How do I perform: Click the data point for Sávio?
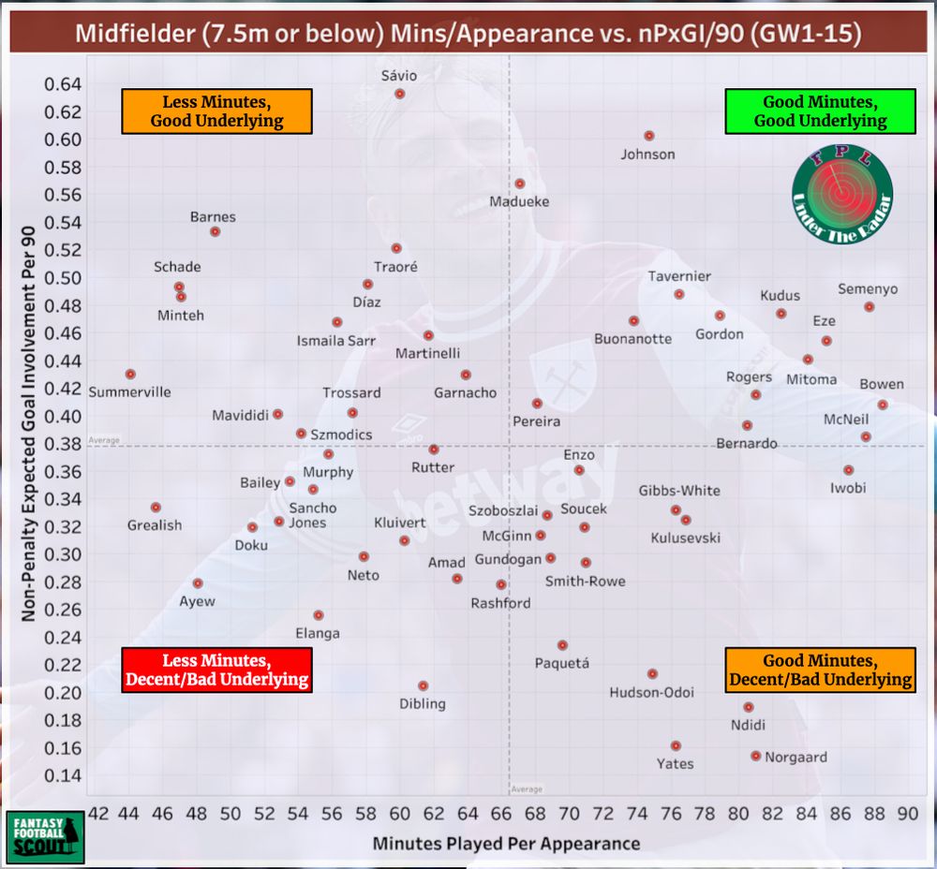pyautogui.click(x=400, y=94)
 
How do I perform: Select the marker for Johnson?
pyautogui.click(x=648, y=136)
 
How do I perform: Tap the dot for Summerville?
pyautogui.click(x=130, y=375)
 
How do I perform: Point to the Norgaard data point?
pyautogui.click(x=756, y=756)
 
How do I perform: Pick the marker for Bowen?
pyautogui.click(x=883, y=405)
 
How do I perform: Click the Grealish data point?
pyautogui.click(x=156, y=508)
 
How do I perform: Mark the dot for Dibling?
pyautogui.click(x=423, y=685)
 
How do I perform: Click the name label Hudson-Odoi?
pyautogui.click(x=651, y=693)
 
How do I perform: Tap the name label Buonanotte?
pyautogui.click(x=632, y=338)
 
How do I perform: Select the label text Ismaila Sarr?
pyautogui.click(x=336, y=341)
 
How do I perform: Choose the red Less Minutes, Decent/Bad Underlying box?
pyautogui.click(x=216, y=670)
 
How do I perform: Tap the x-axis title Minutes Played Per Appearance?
pyautogui.click(x=506, y=844)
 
